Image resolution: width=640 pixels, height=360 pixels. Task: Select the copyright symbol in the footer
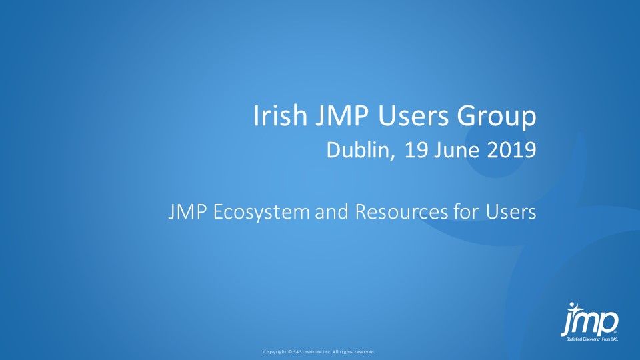point(289,351)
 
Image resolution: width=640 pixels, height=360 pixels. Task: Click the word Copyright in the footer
point(275,351)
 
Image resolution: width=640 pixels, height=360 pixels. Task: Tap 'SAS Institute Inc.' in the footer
point(312,351)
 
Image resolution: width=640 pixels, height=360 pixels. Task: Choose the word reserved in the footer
point(365,351)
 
